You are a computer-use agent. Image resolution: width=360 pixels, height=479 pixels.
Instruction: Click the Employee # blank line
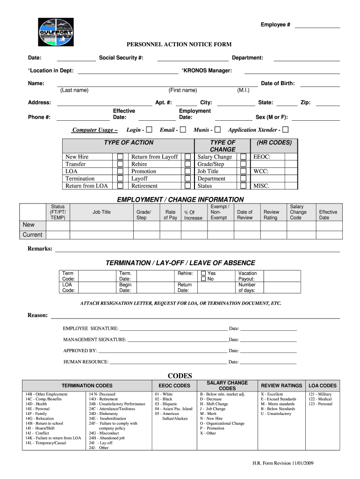click(x=317, y=25)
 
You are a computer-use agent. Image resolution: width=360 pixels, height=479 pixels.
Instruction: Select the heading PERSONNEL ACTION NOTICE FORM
click(x=180, y=44)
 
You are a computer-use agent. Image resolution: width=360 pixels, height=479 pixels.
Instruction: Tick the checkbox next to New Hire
click(x=120, y=157)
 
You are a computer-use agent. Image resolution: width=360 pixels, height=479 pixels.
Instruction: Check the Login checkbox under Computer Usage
click(x=149, y=130)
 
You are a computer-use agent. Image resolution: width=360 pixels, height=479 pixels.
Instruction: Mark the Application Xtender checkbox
click(x=285, y=130)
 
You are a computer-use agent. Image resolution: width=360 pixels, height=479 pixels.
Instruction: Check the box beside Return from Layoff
click(x=187, y=157)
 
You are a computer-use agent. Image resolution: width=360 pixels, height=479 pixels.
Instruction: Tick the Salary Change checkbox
click(x=243, y=157)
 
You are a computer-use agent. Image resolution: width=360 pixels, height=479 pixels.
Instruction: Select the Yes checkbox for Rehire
click(x=203, y=273)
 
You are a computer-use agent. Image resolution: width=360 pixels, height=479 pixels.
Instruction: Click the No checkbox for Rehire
click(x=203, y=279)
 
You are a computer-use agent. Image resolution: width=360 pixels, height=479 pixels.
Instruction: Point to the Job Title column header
click(x=101, y=212)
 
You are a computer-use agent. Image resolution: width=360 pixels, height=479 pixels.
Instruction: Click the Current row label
click(x=32, y=235)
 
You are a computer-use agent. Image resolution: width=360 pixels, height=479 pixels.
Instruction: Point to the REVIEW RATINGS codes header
click(x=281, y=385)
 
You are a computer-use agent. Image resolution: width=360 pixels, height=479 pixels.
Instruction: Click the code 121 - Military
click(x=320, y=394)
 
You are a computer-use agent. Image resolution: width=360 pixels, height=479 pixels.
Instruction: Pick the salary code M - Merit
click(x=209, y=414)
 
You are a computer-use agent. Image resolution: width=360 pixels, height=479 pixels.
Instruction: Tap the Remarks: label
click(x=40, y=248)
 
